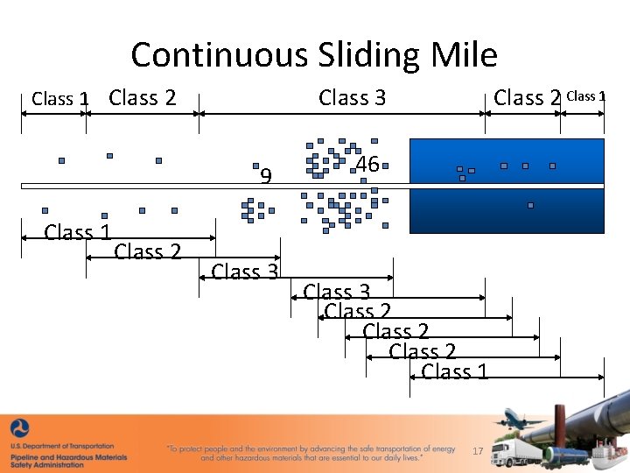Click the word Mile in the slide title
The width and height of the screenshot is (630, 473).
point(464,55)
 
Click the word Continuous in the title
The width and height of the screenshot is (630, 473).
point(212,55)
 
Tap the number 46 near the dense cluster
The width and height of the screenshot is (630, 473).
point(367,164)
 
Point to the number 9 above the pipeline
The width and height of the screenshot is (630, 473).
point(267,177)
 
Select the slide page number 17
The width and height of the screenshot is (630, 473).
point(478,450)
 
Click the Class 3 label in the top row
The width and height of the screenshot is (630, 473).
point(352,97)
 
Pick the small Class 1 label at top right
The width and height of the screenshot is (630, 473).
point(586,96)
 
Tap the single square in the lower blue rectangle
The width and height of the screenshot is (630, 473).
point(530,205)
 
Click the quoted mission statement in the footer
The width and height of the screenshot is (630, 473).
point(311,453)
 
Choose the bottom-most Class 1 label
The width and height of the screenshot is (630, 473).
point(454,371)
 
